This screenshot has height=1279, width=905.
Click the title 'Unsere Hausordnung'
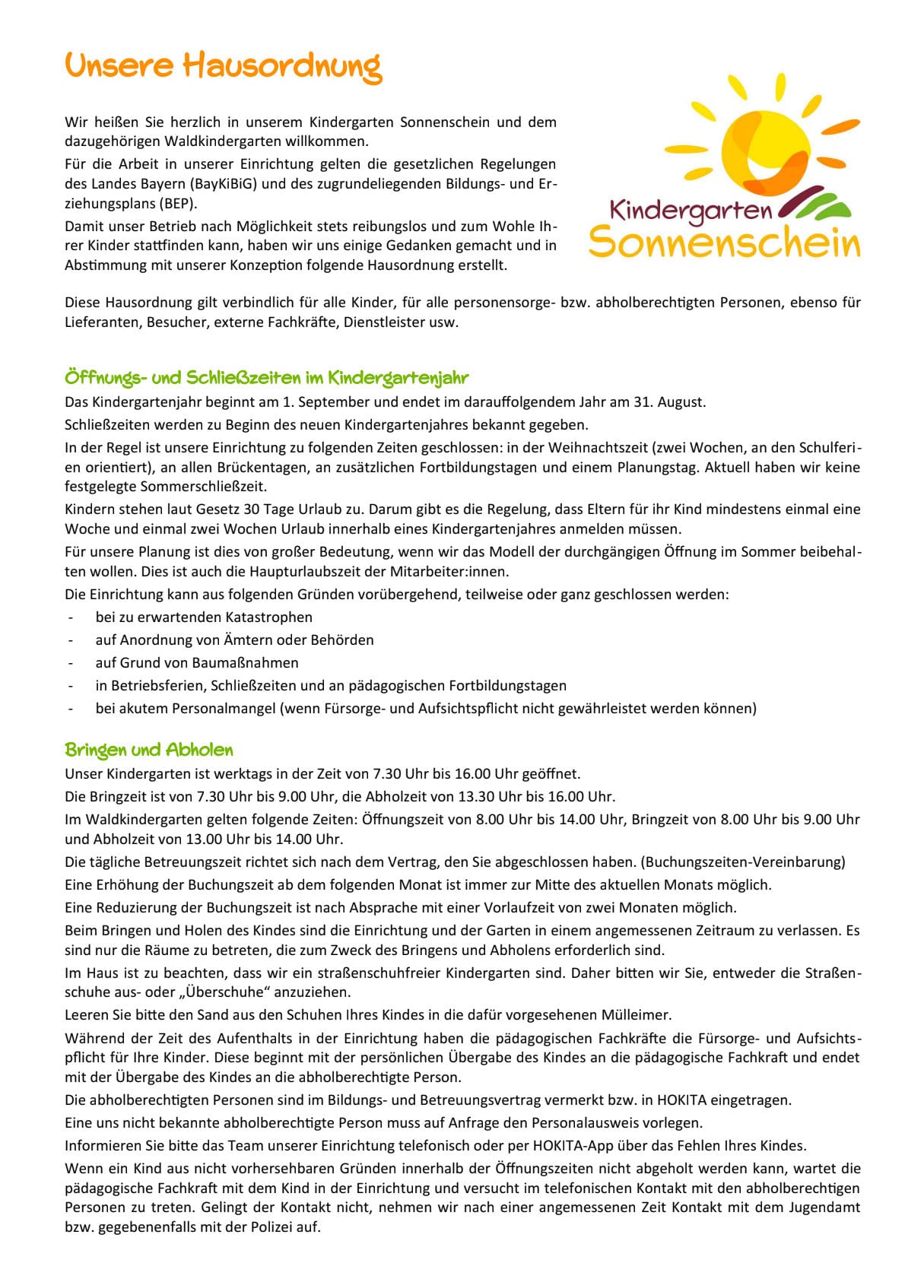pyautogui.click(x=223, y=68)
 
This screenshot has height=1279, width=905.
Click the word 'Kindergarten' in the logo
pyautogui.click(x=691, y=210)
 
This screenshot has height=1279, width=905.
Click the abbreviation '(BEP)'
pyautogui.click(x=179, y=204)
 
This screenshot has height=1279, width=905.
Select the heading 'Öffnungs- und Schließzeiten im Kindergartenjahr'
pyautogui.click(x=267, y=378)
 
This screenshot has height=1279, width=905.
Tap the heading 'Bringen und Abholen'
pyautogui.click(x=149, y=751)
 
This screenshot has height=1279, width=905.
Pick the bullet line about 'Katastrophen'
pyautogui.click(x=204, y=617)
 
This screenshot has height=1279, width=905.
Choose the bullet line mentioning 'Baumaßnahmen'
pyautogui.click(x=197, y=662)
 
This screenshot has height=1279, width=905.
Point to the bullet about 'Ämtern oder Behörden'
pyautogui.click(x=234, y=639)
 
